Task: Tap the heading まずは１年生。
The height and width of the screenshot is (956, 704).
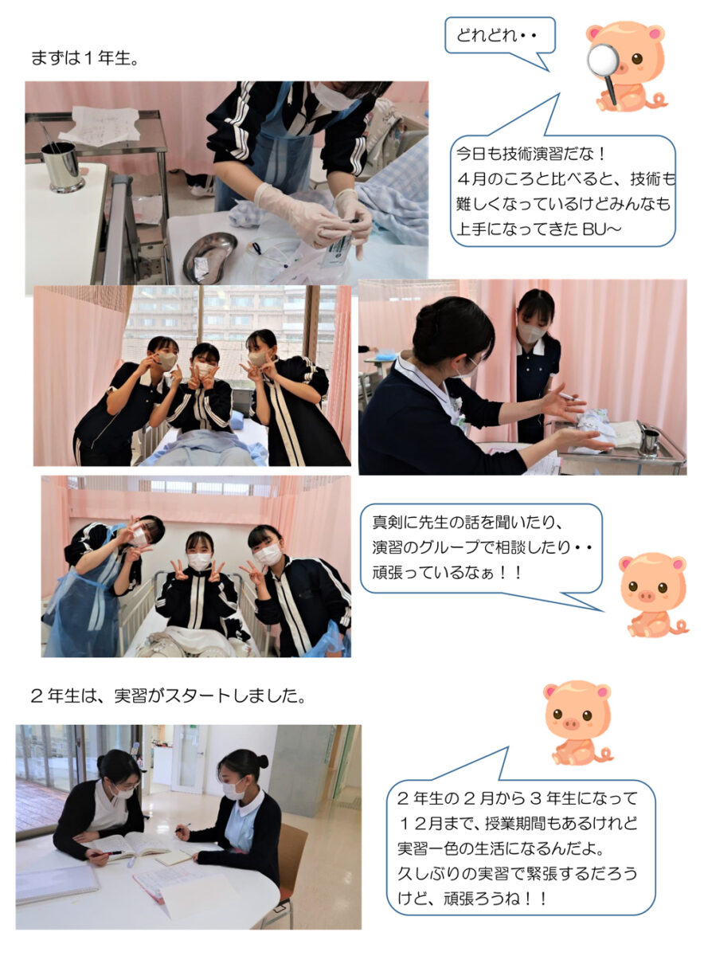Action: pyautogui.click(x=85, y=57)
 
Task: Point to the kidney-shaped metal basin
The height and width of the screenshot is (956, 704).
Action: pyautogui.click(x=210, y=257)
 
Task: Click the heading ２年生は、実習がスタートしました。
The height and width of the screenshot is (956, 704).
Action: pyautogui.click(x=169, y=696)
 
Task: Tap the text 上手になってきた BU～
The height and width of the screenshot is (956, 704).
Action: pyautogui.click(x=539, y=229)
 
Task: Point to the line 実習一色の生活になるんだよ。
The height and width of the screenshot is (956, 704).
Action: pyautogui.click(x=502, y=848)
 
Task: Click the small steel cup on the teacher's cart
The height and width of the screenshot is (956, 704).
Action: pyautogui.click(x=648, y=441)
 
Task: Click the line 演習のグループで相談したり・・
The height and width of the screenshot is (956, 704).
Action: pyautogui.click(x=482, y=547)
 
